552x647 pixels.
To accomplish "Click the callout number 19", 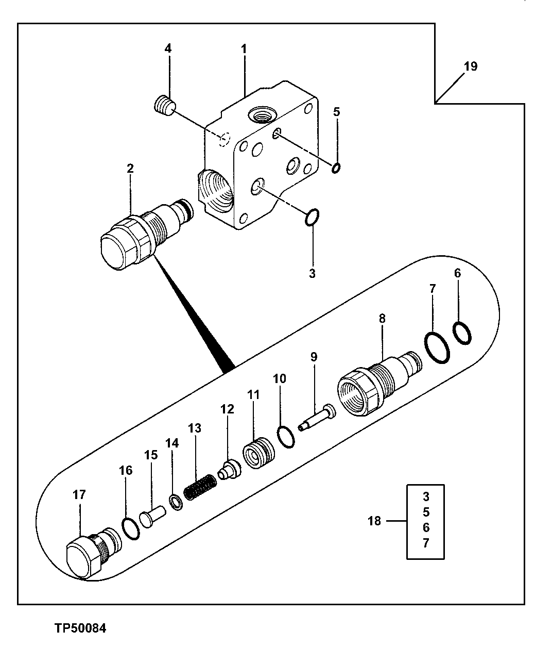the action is pos(470,67).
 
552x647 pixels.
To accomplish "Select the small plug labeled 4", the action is pos(165,106).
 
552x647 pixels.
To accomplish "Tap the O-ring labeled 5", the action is pos(336,168).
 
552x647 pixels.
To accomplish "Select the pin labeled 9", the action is pos(316,418).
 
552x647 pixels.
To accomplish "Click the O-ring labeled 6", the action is pos(462,333).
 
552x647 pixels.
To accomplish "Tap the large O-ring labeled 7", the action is pos(438,348).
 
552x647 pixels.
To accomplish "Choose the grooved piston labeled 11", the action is pos(259,453).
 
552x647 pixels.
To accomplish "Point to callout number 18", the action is pos(374,521).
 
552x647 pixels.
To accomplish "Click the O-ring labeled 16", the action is pos(130,528).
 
